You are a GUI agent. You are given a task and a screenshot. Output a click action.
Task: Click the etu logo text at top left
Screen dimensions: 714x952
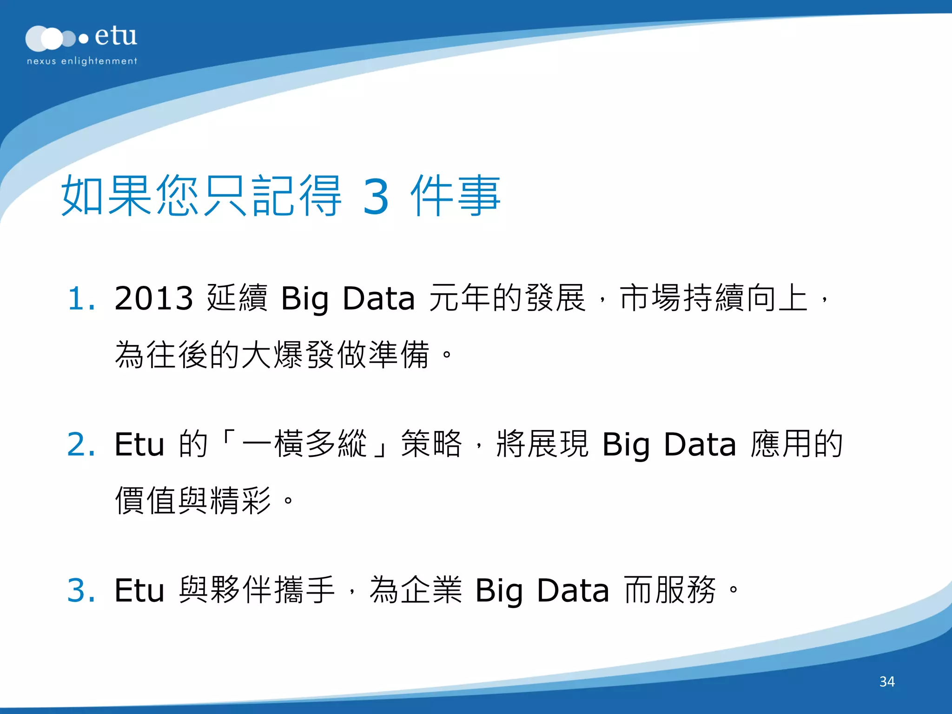(x=115, y=36)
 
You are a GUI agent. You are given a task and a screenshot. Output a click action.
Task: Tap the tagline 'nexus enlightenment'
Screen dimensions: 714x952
(x=82, y=61)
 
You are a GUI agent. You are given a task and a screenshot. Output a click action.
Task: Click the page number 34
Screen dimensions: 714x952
(x=887, y=681)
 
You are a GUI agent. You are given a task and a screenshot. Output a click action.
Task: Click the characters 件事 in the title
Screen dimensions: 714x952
(x=455, y=196)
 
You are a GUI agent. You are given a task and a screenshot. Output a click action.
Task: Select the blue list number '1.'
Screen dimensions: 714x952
(x=81, y=298)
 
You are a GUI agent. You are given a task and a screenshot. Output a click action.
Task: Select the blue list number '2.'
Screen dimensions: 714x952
(x=81, y=444)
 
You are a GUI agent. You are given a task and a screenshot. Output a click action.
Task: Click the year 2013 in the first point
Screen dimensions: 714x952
(x=153, y=298)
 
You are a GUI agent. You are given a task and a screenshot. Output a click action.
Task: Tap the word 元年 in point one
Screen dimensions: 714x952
(x=460, y=297)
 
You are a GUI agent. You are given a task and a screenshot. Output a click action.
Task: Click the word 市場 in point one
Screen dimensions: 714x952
(x=650, y=297)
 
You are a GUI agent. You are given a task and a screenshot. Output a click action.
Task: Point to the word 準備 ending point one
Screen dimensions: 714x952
(x=399, y=355)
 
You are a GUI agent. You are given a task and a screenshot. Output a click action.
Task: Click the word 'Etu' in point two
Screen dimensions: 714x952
(x=139, y=444)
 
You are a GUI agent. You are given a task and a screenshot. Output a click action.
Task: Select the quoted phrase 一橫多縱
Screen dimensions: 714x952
(x=304, y=443)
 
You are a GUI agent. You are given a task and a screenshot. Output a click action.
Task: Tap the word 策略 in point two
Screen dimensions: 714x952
(x=431, y=443)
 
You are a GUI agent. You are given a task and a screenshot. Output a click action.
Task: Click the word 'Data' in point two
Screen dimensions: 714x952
(x=700, y=444)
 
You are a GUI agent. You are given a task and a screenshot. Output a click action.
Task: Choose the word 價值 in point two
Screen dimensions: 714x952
(x=146, y=501)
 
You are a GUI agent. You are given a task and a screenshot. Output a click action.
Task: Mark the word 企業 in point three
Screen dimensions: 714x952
(x=431, y=589)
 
